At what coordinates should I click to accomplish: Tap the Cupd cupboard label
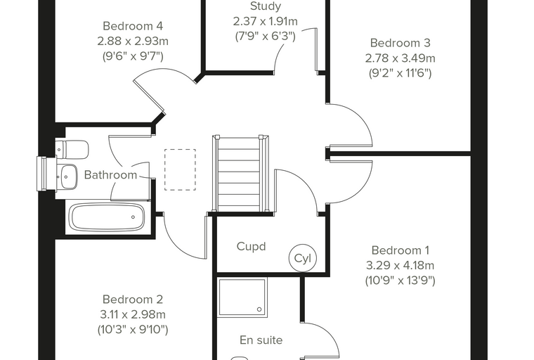tap(251, 247)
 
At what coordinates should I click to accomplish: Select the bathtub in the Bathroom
tap(107, 217)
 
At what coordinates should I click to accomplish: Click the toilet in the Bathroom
tap(72, 149)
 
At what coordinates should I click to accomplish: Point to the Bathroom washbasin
tap(67, 176)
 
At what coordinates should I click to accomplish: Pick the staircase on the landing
tap(240, 174)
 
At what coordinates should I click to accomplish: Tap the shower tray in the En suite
tap(242, 298)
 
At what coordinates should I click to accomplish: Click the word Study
tap(266, 6)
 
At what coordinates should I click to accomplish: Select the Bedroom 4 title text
tap(133, 26)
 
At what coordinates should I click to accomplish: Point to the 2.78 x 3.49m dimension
tap(400, 58)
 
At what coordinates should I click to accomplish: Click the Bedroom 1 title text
tap(400, 250)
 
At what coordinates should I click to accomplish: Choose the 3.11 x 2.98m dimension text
tap(133, 314)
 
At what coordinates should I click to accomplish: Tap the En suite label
tap(261, 340)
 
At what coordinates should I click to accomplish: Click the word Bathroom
tap(111, 175)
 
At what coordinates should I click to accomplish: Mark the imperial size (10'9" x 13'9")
tap(400, 281)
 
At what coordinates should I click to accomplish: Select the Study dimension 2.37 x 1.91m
tap(266, 22)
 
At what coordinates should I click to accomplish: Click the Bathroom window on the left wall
tap(42, 174)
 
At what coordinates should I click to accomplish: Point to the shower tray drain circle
tap(259, 309)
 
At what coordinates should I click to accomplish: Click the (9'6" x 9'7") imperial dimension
tap(133, 56)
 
